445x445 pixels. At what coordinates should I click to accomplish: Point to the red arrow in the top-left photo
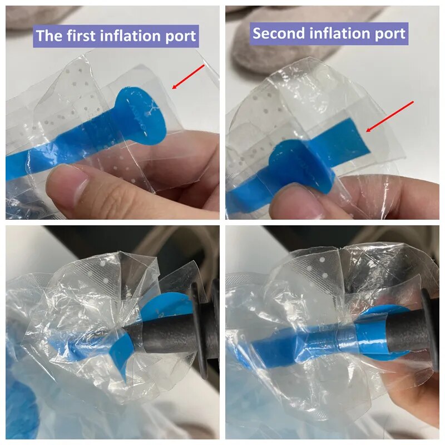coord(189,77)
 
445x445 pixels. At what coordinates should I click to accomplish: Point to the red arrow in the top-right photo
coord(390,116)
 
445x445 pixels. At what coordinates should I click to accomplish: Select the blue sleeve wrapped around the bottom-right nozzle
coord(349,338)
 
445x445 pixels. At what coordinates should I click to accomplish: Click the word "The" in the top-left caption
coord(49,36)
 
